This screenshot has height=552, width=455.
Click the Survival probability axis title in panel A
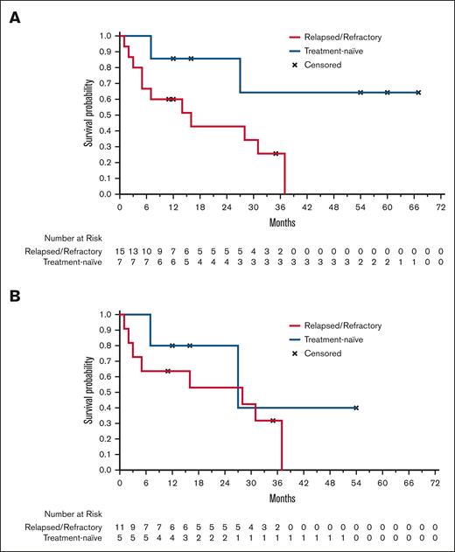coord(89,114)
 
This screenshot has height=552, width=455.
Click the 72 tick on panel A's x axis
coord(441,208)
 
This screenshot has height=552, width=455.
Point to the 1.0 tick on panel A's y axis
coord(107,36)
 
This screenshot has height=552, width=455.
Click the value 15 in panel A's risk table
coord(120,250)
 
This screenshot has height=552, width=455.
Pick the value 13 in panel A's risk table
coord(133,250)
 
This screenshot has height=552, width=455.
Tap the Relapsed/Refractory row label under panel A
coord(59,250)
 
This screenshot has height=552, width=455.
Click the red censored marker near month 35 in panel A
coord(276,153)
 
